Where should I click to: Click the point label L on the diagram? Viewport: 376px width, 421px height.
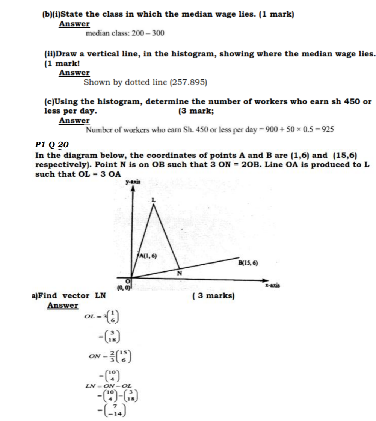click(x=153, y=201)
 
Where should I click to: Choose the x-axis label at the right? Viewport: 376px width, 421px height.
click(x=273, y=285)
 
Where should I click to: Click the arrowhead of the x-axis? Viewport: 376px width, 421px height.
click(x=264, y=280)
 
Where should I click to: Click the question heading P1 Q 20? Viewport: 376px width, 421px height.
click(x=52, y=145)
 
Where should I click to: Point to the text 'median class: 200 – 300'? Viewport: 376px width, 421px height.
click(x=125, y=33)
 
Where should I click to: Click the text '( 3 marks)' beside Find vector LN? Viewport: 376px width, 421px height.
click(x=213, y=296)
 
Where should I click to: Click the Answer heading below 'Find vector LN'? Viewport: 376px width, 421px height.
click(x=63, y=306)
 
